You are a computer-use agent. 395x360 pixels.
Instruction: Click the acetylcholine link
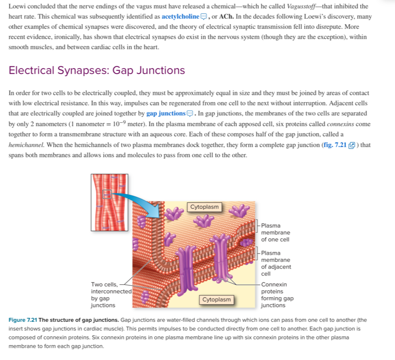[180, 17]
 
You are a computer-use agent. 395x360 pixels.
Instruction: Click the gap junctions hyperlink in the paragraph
[166, 113]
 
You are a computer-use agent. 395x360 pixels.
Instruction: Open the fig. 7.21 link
[335, 145]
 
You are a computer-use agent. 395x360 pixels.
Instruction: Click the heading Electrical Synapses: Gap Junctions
[97, 70]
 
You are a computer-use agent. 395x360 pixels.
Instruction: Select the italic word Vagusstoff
[301, 6]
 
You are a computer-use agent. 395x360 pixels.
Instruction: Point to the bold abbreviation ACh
[226, 17]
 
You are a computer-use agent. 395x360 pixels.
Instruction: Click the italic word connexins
[340, 124]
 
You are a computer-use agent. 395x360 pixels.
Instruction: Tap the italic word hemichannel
[27, 145]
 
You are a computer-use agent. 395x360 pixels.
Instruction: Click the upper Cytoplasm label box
[204, 207]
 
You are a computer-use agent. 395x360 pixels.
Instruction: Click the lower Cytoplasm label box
[216, 300]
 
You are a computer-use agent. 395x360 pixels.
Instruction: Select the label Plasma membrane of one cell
[276, 233]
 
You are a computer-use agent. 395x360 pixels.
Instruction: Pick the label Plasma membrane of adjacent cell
[276, 263]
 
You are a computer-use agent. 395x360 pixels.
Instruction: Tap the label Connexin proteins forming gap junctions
[277, 295]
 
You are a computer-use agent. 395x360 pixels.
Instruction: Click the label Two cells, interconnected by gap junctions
[111, 295]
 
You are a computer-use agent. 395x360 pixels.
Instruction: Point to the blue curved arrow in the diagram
[141, 201]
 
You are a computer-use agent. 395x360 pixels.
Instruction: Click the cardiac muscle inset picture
[110, 202]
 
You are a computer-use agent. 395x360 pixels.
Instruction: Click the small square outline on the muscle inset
[107, 194]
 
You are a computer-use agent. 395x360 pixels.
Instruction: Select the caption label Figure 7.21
[23, 320]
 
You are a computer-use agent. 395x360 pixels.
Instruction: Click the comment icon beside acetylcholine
[203, 17]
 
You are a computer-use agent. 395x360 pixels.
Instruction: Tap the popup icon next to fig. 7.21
[352, 145]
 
